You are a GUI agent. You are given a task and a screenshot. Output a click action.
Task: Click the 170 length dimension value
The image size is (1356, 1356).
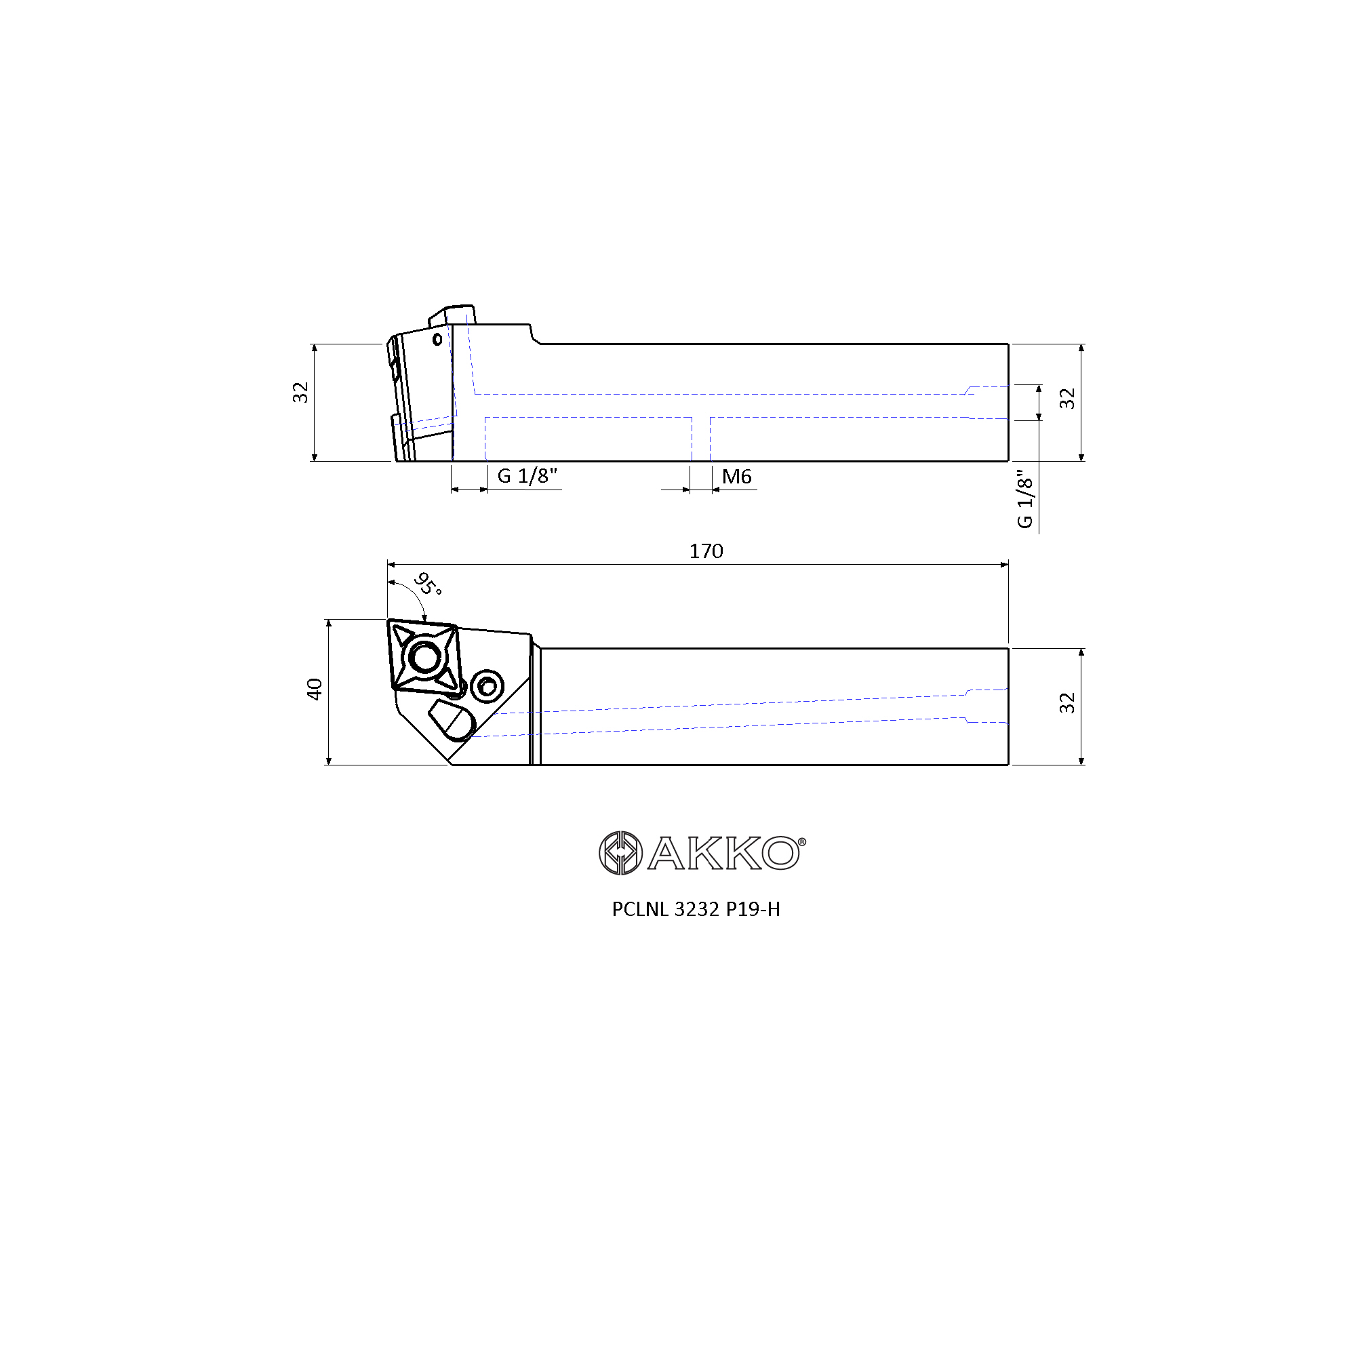(706, 551)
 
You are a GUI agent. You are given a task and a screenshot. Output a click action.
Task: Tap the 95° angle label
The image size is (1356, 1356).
(427, 583)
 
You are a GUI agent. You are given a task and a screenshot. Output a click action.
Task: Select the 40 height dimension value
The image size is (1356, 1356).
(315, 689)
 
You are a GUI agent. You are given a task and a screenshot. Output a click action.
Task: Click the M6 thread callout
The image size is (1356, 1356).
(737, 477)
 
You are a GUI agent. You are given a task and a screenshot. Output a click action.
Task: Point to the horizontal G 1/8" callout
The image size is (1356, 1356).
(527, 476)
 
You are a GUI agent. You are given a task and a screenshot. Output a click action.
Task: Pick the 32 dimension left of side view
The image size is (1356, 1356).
(300, 393)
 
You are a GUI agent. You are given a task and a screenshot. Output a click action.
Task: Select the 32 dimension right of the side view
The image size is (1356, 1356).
(1066, 399)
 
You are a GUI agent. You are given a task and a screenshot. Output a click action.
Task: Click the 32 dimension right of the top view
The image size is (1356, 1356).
(1066, 702)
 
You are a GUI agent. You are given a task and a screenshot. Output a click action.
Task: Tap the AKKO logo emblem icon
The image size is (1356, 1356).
(620, 853)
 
